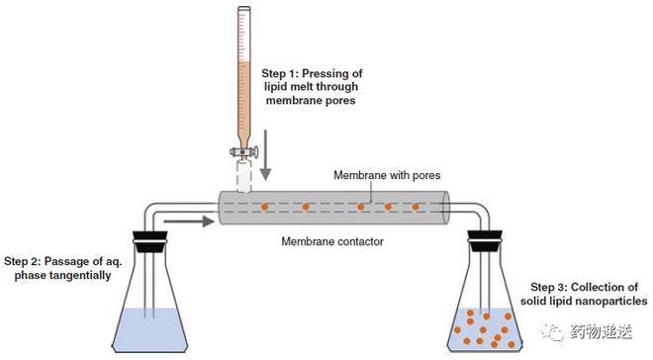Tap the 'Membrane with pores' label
pyautogui.click(x=387, y=175)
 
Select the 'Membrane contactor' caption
pyautogui.click(x=332, y=241)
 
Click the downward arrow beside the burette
pyautogui.click(x=266, y=155)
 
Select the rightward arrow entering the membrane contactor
pyautogui.click(x=189, y=222)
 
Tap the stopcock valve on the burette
pyautogui.click(x=244, y=152)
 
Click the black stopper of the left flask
pyautogui.click(x=150, y=241)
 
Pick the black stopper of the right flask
pyautogui.click(x=485, y=241)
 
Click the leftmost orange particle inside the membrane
pyautogui.click(x=264, y=207)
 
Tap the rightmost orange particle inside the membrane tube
pyautogui.click(x=416, y=207)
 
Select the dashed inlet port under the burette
pyautogui.click(x=244, y=176)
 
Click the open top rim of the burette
pyautogui.click(x=244, y=8)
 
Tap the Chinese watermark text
pyautogui.click(x=601, y=331)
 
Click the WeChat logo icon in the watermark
pyautogui.click(x=553, y=331)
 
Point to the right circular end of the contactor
pyautogui.click(x=445, y=208)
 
